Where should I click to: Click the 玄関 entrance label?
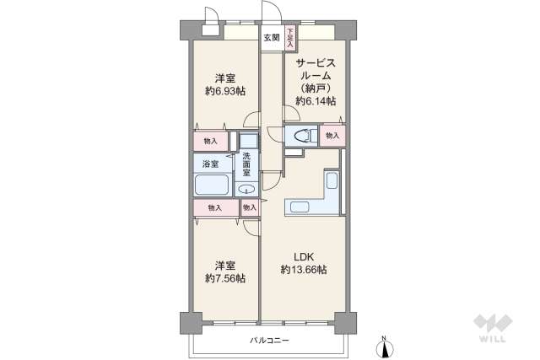tap(271, 37)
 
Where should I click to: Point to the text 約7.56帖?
tap(224, 277)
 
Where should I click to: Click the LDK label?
tap(303, 256)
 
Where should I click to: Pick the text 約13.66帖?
tap(304, 270)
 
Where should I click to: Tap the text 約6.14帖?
tap(316, 100)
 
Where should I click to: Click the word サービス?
tap(316, 62)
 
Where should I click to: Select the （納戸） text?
tap(316, 88)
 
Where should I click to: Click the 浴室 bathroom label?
tap(210, 164)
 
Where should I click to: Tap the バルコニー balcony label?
tap(269, 341)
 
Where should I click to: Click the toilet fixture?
tap(302, 135)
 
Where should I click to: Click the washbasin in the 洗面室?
tap(246, 188)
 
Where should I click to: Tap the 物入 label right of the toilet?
tap(332, 135)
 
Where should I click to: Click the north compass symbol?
tap(385, 345)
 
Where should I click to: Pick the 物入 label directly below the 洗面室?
tap(249, 207)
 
